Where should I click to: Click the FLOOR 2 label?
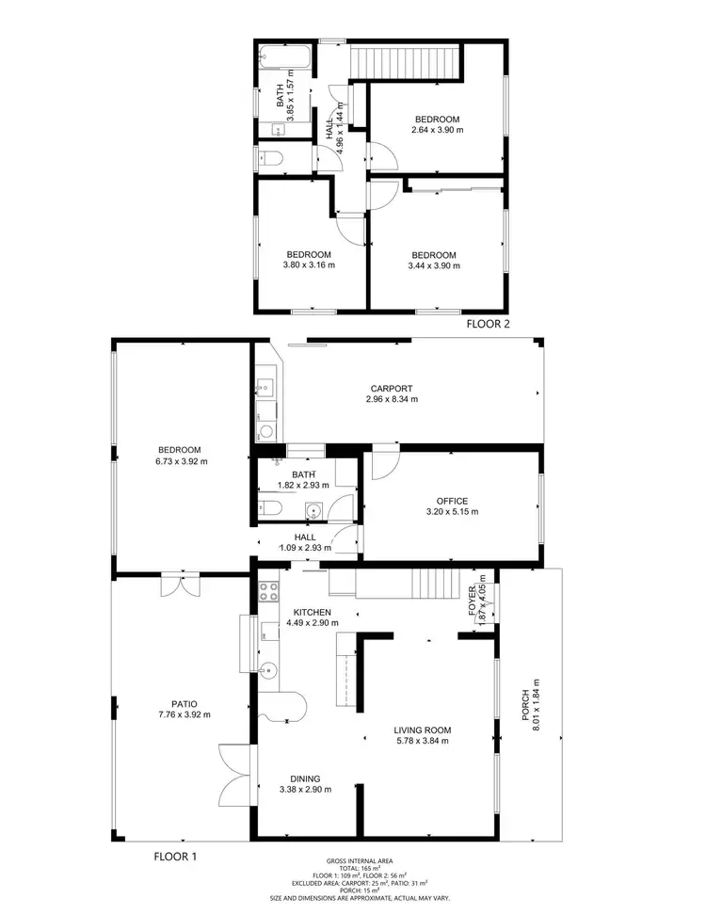(488, 324)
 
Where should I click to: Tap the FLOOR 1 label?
(175, 857)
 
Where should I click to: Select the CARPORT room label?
(391, 388)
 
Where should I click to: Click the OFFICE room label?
(452, 501)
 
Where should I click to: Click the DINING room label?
(305, 778)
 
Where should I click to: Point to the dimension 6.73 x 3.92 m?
(183, 461)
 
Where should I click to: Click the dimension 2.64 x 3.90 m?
(438, 130)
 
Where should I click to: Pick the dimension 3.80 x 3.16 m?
(309, 265)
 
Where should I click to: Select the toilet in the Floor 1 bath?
(270, 509)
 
